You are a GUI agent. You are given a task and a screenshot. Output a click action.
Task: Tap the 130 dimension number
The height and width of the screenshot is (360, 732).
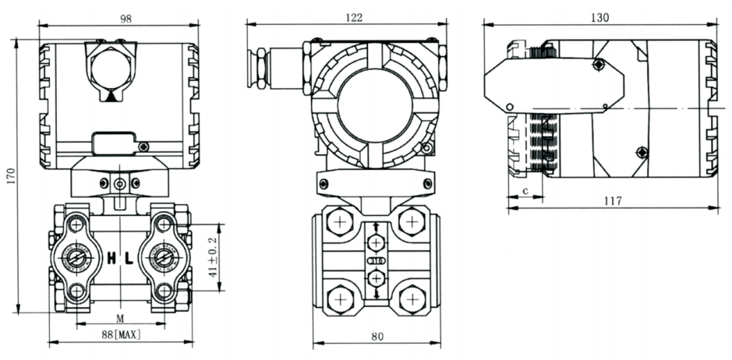coord(600,17)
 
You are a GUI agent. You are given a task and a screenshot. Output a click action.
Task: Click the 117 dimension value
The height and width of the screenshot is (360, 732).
coord(613,201)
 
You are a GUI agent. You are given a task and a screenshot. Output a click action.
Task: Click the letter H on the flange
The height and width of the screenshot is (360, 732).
coord(112,257)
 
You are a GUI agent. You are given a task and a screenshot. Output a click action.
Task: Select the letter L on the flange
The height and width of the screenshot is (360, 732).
coord(129,257)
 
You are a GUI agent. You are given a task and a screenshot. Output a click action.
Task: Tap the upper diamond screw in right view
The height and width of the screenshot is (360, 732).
coord(598,64)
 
